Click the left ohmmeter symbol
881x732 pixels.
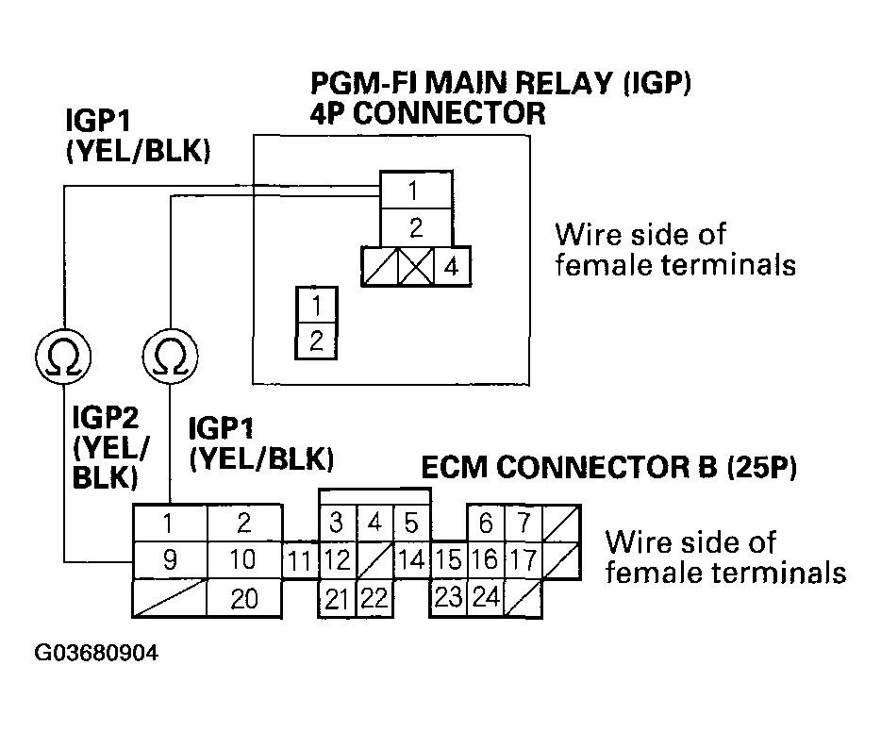(63, 357)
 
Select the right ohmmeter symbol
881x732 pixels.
(170, 357)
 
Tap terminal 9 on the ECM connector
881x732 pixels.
(170, 560)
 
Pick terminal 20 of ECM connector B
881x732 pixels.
(244, 599)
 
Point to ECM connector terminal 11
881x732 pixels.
(299, 560)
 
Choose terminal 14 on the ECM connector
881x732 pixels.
(412, 560)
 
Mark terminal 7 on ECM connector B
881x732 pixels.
(524, 523)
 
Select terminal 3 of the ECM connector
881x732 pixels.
(337, 523)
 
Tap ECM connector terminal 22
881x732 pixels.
(374, 598)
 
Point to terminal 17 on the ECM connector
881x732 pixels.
(524, 560)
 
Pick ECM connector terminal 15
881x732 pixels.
(449, 560)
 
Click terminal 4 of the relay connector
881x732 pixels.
(453, 266)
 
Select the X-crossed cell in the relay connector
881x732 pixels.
(416, 266)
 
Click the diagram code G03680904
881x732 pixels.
(96, 653)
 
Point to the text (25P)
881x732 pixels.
(762, 467)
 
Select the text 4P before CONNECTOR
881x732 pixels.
(326, 113)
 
